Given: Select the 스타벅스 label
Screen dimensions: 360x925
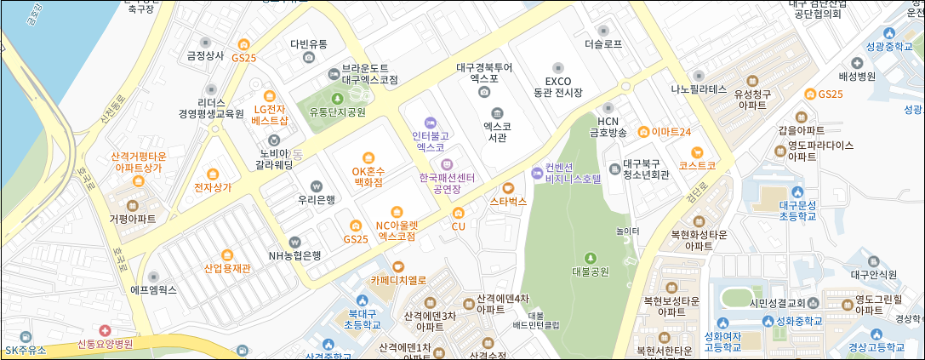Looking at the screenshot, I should [x=509, y=202].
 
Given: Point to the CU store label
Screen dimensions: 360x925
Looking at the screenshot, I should [x=459, y=226].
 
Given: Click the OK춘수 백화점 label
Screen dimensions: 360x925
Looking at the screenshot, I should [x=368, y=175].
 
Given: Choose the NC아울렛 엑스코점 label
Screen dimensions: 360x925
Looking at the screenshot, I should [x=396, y=230].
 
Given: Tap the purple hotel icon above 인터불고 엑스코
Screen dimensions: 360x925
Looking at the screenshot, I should [x=430, y=122].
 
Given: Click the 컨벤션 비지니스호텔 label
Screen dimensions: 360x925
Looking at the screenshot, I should [x=573, y=173].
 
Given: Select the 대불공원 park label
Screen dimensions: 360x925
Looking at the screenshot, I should [x=591, y=272].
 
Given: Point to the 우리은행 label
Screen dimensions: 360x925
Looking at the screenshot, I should [x=317, y=200].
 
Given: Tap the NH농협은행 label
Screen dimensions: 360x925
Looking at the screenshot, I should [x=294, y=254].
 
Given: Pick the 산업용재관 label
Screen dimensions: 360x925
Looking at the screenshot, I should [x=227, y=268].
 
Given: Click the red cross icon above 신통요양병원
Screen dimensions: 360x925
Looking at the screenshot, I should [x=105, y=330].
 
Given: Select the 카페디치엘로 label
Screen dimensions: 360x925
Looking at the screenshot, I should [x=397, y=278].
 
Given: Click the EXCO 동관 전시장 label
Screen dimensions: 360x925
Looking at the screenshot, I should [x=557, y=85].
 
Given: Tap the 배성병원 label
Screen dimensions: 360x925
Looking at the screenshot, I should [x=856, y=76].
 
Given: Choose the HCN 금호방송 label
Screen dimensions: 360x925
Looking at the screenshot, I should [x=608, y=126].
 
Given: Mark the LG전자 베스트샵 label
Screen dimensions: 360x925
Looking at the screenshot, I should [x=271, y=114].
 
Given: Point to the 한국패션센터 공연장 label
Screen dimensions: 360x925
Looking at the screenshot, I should [x=447, y=183].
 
